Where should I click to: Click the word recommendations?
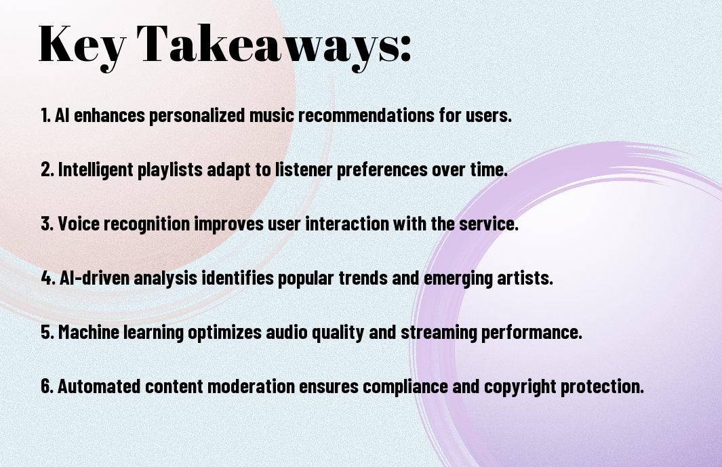(366, 115)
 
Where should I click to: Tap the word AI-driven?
(94, 278)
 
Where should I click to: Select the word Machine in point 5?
(89, 332)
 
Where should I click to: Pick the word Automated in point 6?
(99, 386)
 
